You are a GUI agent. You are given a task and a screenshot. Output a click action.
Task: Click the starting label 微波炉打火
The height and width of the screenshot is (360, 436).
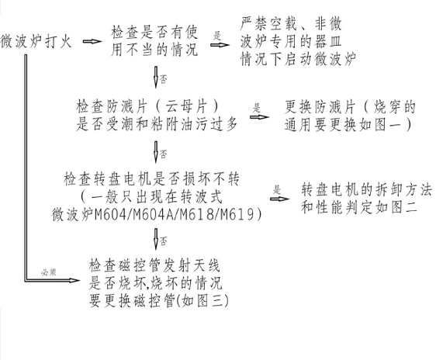click(x=36, y=41)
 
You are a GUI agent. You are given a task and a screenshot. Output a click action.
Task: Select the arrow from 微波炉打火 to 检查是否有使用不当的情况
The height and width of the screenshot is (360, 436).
click(x=92, y=41)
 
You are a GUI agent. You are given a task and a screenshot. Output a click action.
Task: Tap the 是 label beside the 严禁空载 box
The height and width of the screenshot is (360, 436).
click(x=217, y=36)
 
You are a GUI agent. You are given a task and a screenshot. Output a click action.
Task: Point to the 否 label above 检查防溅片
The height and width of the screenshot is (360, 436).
click(x=164, y=80)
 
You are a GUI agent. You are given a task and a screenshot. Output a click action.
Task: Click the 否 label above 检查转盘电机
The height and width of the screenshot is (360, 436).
click(x=164, y=154)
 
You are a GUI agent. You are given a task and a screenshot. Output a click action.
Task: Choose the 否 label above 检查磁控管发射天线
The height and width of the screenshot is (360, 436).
click(x=164, y=241)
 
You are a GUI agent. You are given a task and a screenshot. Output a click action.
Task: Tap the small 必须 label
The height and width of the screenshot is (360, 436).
click(x=49, y=272)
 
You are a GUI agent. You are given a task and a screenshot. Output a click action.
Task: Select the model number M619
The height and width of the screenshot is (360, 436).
click(x=237, y=214)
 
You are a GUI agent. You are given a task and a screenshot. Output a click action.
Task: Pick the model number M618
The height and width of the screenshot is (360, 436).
click(x=197, y=214)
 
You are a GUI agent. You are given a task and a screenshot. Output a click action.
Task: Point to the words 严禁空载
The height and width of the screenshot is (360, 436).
click(x=268, y=24)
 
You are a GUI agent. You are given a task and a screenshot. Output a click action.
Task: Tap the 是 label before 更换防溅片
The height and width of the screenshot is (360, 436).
click(x=256, y=108)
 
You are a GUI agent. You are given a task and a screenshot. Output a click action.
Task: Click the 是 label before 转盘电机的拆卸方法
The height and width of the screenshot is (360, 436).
click(x=277, y=189)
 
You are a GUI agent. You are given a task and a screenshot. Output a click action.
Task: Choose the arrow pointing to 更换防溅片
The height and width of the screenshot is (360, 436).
click(x=259, y=117)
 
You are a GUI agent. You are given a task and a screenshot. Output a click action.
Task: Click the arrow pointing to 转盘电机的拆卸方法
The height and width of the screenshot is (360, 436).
click(x=280, y=199)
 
